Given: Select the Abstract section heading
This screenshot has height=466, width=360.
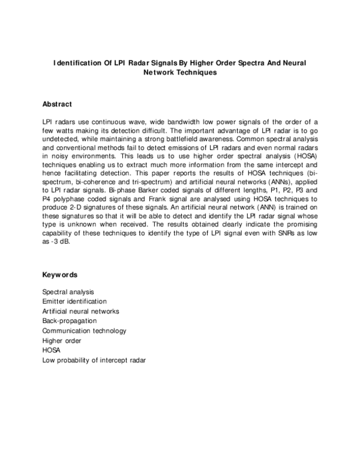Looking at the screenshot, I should click(57, 104).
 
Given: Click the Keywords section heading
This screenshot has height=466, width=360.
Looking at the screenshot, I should click(59, 275).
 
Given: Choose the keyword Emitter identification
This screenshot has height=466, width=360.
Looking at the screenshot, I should click(74, 301).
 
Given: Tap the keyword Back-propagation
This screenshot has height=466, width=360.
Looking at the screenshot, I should click(69, 321).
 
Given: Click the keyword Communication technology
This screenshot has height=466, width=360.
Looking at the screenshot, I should click(84, 331).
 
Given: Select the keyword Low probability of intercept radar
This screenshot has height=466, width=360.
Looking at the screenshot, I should click(94, 360).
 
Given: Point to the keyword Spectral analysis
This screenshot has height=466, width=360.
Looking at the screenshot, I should click(68, 291).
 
